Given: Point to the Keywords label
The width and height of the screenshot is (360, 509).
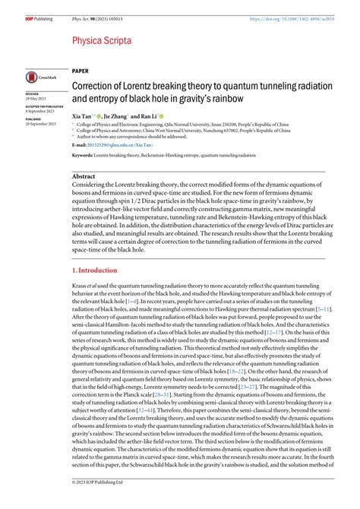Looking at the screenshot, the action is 87,155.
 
